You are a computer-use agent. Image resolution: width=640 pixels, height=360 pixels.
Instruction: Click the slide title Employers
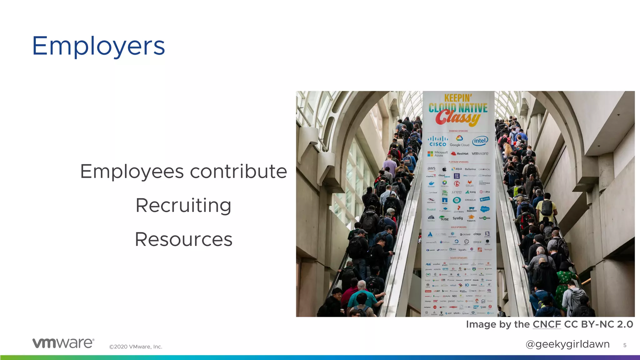(x=98, y=46)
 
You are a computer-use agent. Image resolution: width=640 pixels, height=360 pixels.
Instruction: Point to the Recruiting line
(x=183, y=206)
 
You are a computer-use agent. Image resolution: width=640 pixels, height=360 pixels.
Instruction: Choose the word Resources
(x=183, y=239)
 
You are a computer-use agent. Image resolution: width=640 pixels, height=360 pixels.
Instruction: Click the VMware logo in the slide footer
(x=63, y=343)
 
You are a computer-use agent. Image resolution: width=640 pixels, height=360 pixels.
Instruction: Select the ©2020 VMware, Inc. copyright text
(x=136, y=347)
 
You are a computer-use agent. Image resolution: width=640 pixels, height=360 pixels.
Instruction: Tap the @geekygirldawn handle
(x=567, y=344)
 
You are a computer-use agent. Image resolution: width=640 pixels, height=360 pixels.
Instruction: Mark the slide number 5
(x=625, y=345)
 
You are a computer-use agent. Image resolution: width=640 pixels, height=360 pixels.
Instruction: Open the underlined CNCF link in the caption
(x=547, y=324)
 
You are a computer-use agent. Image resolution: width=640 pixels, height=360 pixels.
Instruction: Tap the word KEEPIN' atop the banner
(x=458, y=98)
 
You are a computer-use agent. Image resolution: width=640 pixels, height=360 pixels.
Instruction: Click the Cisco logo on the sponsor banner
(x=438, y=141)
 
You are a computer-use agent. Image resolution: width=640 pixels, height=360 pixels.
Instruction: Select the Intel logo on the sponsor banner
(x=480, y=141)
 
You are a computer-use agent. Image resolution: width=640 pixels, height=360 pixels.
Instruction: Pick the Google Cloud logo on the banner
(x=459, y=141)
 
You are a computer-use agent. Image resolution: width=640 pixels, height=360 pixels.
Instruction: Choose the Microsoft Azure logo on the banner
(x=437, y=154)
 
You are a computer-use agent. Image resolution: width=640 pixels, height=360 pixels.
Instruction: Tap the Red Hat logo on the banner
(x=460, y=153)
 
